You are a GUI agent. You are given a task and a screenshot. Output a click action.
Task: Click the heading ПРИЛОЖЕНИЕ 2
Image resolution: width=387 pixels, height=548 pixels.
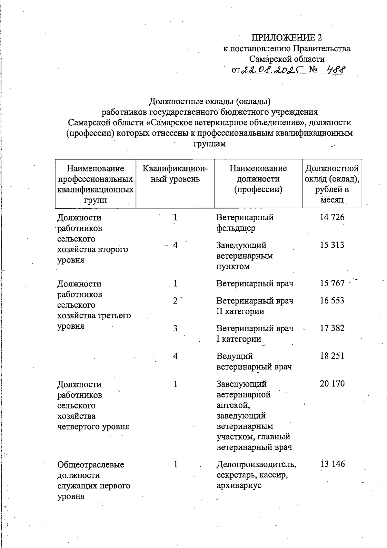click(x=287, y=38)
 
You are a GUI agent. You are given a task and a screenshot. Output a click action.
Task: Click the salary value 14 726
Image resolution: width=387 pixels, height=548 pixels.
click(x=332, y=217)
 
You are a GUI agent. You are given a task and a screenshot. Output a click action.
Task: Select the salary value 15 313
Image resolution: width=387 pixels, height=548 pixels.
click(x=332, y=245)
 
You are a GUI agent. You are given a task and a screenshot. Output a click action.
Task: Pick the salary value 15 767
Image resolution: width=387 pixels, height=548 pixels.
click(x=332, y=284)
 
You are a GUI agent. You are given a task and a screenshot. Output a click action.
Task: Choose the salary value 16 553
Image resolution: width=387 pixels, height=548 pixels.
click(x=332, y=301)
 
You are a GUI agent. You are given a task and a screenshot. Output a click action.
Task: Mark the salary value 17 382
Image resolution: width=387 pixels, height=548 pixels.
click(x=332, y=328)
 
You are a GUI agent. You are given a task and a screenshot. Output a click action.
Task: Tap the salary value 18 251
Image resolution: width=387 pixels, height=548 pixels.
click(x=332, y=356)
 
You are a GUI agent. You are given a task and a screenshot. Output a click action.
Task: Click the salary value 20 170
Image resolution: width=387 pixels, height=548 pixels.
click(x=332, y=384)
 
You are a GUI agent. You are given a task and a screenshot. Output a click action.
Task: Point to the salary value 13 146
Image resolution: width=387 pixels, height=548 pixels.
click(x=332, y=464)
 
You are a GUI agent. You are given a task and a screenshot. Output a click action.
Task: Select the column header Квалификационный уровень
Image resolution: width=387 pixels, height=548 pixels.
click(x=175, y=174)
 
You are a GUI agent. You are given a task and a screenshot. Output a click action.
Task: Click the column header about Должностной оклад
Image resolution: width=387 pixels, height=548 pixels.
click(x=332, y=184)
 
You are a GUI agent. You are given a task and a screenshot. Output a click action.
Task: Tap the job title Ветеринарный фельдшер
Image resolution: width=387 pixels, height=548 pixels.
click(x=245, y=223)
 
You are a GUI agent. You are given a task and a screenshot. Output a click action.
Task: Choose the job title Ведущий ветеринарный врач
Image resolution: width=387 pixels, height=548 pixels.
click(x=254, y=361)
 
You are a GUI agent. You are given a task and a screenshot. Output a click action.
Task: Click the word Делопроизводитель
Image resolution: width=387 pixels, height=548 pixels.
click(x=256, y=464)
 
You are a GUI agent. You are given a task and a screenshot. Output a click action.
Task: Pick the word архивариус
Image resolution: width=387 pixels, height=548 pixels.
click(x=239, y=485)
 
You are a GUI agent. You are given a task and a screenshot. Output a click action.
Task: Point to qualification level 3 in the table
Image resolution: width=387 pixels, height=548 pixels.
click(x=175, y=328)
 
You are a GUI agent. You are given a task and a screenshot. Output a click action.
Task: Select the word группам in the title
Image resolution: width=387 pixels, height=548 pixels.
click(x=210, y=144)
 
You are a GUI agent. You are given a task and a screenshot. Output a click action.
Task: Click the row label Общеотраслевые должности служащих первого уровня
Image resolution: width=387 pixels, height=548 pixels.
click(x=94, y=480)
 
